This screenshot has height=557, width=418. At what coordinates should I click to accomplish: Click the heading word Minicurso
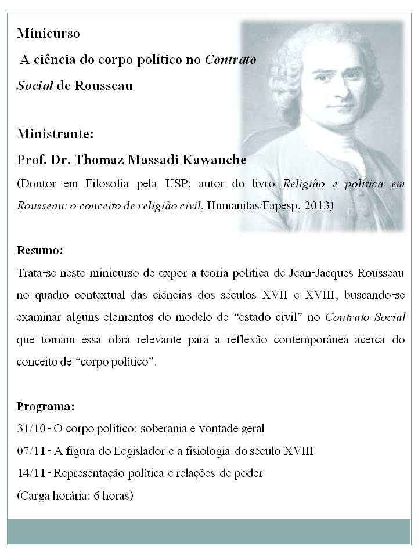tap(48, 34)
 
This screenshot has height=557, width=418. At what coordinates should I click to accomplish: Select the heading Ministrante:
tap(55, 134)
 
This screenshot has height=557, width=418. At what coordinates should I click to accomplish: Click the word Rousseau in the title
tap(103, 86)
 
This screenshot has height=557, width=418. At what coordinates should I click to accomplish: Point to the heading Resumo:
tap(39, 251)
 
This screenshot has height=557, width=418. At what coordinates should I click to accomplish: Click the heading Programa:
tap(45, 406)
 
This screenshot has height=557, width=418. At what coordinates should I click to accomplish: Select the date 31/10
tap(30, 429)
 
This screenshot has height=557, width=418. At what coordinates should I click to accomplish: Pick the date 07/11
tap(30, 451)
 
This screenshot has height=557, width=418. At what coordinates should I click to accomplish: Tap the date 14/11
tap(30, 473)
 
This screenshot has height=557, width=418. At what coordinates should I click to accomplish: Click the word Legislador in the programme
tap(130, 451)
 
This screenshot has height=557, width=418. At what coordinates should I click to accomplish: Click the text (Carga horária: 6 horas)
tap(75, 495)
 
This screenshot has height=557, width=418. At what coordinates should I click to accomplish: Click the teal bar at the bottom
tap(209, 531)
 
